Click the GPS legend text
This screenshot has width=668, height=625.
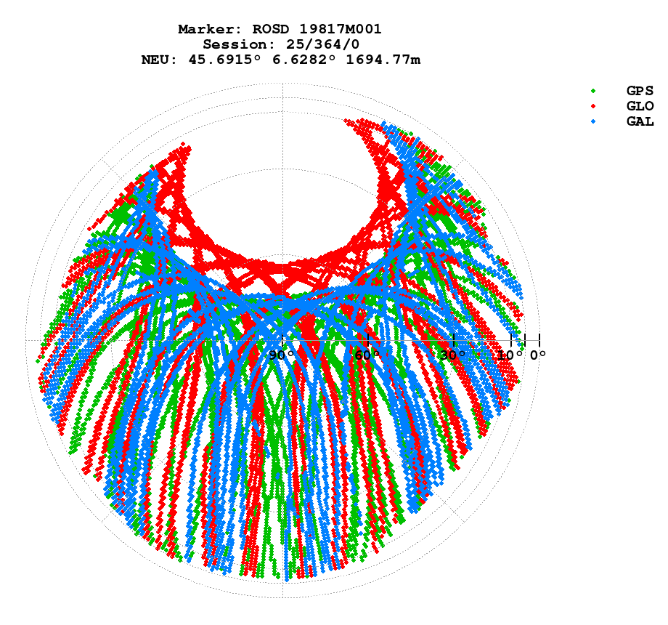coord(640,91)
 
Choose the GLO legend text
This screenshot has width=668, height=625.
coord(640,106)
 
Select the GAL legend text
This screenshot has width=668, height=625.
coord(640,121)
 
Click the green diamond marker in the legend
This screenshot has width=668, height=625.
coord(594,91)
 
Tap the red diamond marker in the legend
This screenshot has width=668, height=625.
coord(594,106)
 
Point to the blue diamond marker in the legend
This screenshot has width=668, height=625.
coord(594,121)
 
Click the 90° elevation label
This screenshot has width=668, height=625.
coord(282,355)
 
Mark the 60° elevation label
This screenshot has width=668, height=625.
coord(367,355)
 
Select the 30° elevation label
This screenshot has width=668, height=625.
coord(453,355)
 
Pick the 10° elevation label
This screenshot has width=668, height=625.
coord(511,355)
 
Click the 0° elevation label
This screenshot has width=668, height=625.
coord(538,355)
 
